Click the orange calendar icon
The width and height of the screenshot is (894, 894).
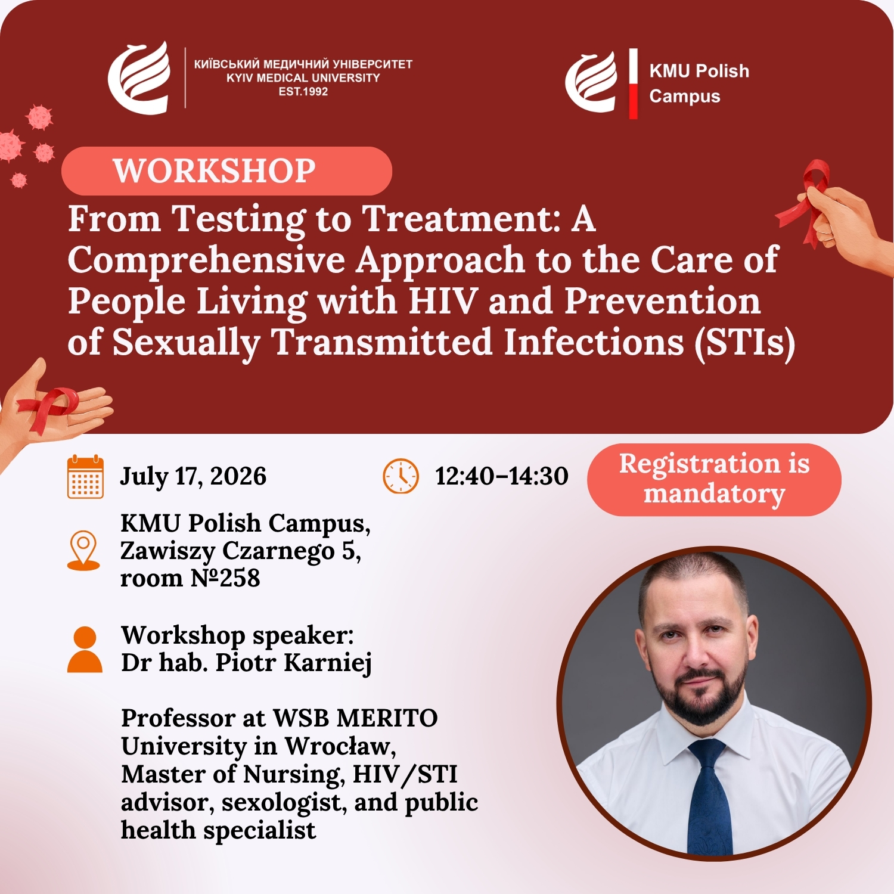[x=85, y=477]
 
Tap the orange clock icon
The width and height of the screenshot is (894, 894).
[x=401, y=476]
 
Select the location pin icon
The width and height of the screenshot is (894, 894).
[x=83, y=550]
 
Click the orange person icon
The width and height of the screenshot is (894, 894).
[x=85, y=650]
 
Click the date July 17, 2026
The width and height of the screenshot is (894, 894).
[x=193, y=476]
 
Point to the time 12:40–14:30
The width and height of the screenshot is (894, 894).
[x=502, y=476]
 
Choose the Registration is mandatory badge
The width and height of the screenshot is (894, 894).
[x=714, y=480]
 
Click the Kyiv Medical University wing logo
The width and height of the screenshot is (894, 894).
[x=139, y=77]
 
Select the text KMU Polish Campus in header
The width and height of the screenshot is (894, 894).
[x=699, y=83]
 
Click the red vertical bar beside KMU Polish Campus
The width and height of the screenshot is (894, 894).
[x=633, y=83]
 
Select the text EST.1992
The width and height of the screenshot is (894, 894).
[x=303, y=92]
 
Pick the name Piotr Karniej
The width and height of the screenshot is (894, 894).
[x=294, y=663]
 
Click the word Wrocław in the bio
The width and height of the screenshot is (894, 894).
[x=340, y=746]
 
